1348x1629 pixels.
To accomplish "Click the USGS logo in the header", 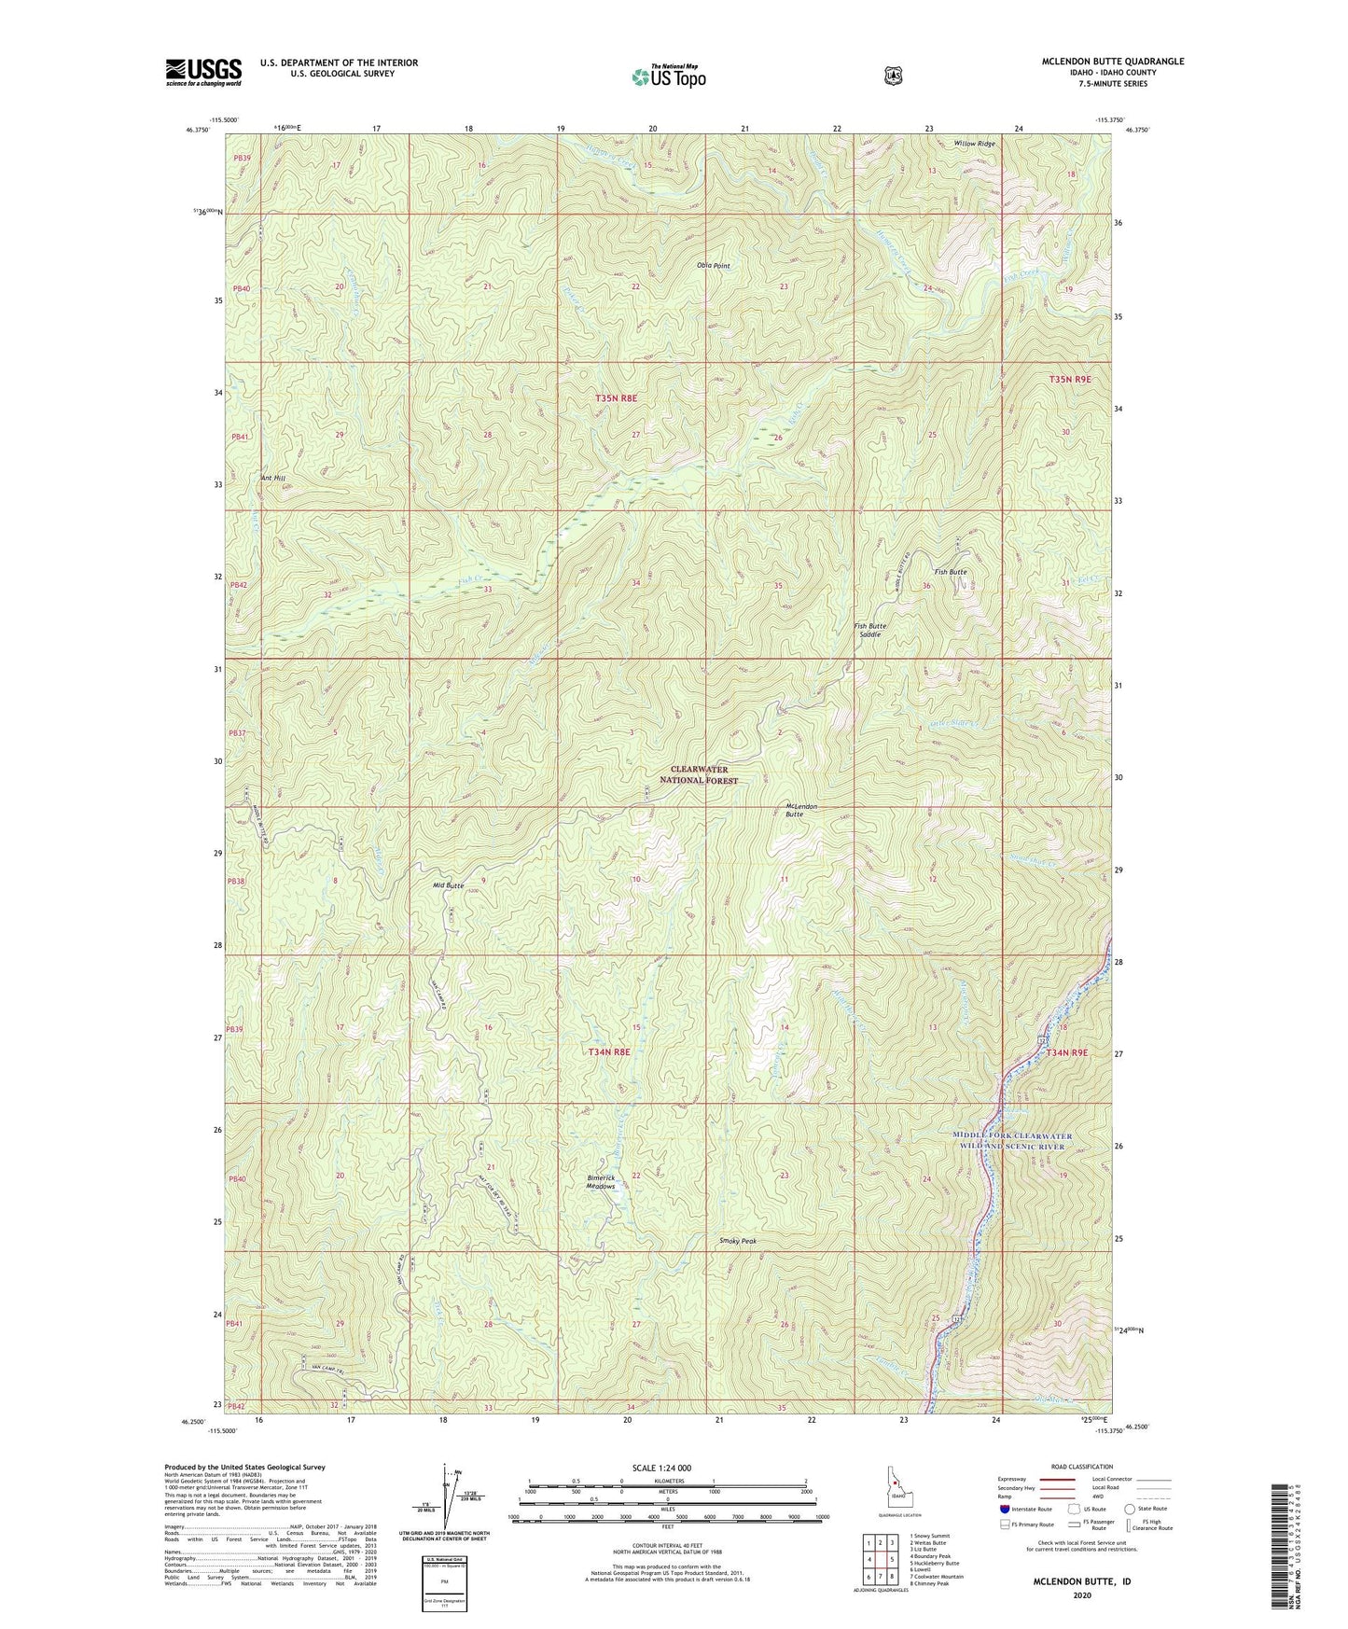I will click(x=203, y=72).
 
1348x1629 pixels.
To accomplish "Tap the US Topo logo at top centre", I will click(x=668, y=77).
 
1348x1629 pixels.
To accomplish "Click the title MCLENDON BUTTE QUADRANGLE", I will click(x=1113, y=62).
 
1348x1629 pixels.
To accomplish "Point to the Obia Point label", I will click(x=714, y=266).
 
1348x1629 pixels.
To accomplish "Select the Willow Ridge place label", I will click(x=974, y=144).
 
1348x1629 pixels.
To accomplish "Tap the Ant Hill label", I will click(x=272, y=478).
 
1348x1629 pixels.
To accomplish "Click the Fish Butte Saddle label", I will click(x=870, y=630).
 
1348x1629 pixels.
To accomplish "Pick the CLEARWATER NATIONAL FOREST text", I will click(x=703, y=774).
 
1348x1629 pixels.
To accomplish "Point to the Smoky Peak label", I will click(x=738, y=1241).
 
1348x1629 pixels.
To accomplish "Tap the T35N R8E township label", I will click(x=615, y=398).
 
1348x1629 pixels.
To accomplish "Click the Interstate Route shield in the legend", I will click(x=1004, y=1509).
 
